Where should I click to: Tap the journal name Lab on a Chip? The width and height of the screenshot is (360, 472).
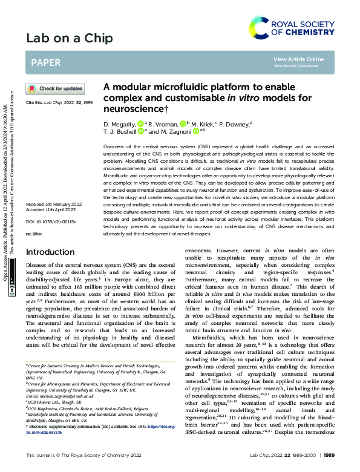[70, 39]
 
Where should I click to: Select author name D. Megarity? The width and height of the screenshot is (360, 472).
[122, 123]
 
